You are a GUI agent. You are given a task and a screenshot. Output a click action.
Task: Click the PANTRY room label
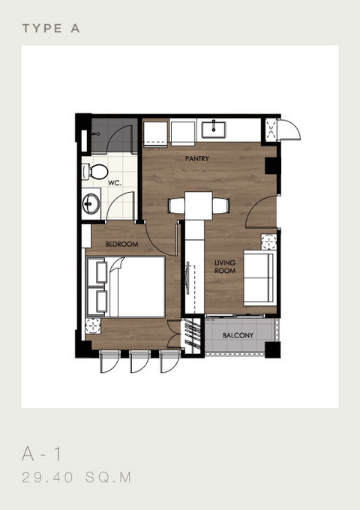pos(196,158)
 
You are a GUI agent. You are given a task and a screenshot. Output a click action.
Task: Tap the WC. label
pos(115,183)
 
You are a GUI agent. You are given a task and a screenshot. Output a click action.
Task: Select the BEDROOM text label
pos(121,244)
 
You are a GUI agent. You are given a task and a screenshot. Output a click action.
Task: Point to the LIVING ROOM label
pos(225,266)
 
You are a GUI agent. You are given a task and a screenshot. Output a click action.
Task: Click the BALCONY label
pos(238,335)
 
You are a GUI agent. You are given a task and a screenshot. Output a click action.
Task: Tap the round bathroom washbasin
pos(91,204)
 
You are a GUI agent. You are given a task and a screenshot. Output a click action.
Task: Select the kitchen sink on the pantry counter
pos(213,130)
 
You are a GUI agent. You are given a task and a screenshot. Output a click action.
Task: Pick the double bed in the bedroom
pos(125,286)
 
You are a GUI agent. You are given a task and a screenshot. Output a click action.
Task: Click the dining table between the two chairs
pos(199,205)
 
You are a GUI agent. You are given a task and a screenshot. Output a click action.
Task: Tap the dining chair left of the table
pos(176,206)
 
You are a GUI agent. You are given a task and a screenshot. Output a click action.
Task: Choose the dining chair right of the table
pos(220,206)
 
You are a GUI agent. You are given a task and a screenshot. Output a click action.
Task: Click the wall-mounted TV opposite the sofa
pos(187,277)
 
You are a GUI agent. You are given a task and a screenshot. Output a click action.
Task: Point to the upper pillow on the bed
pos(101,272)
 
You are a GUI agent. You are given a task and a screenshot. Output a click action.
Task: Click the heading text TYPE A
pos(51,28)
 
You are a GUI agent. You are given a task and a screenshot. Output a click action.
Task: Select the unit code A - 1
pos(41,454)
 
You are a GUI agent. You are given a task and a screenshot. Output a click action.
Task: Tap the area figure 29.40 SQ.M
pos(76,478)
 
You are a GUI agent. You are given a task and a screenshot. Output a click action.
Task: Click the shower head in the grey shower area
pos(95,133)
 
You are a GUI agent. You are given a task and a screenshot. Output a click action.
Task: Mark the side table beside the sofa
pos(269,242)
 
